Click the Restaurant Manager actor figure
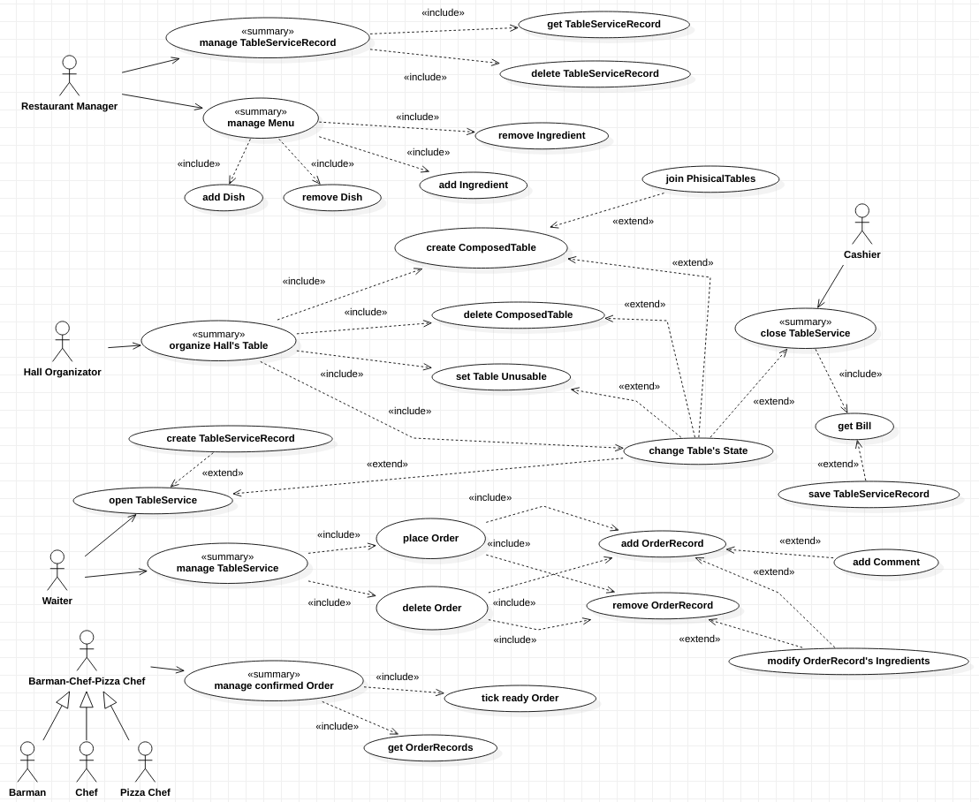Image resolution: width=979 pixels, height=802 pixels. point(69,76)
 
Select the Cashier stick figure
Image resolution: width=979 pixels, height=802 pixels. point(861,224)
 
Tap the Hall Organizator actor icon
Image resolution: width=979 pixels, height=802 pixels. point(62,341)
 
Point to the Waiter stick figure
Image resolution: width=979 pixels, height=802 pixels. point(57,571)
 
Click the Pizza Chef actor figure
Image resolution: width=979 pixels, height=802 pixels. point(145,761)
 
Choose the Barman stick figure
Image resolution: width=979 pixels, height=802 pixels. point(27,761)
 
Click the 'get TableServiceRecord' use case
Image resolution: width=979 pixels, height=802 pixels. point(603,25)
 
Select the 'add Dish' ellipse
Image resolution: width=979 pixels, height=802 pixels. point(224,197)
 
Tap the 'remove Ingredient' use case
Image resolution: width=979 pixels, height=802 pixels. point(542,136)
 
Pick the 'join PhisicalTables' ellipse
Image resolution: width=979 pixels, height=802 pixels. point(710,179)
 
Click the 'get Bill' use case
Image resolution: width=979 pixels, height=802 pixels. point(854,427)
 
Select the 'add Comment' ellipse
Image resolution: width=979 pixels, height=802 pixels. point(885,562)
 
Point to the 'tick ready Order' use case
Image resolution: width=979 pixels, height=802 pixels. point(520,699)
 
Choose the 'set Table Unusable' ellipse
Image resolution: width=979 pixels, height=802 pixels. point(501,377)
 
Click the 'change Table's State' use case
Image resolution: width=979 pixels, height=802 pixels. point(698,451)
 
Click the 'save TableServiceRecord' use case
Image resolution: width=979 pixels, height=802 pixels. point(869,495)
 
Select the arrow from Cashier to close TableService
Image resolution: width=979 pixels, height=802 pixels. point(831,286)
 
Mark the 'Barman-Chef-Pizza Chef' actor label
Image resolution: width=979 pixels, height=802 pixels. point(87,681)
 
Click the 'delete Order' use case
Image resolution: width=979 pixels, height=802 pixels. point(432,608)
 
